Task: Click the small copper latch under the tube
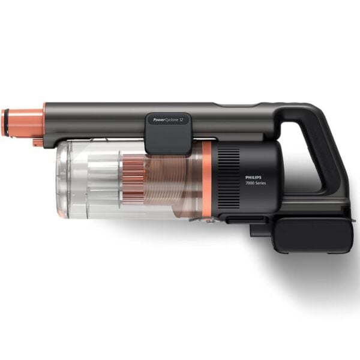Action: coord(37,142)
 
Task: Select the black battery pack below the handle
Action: coord(312,234)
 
